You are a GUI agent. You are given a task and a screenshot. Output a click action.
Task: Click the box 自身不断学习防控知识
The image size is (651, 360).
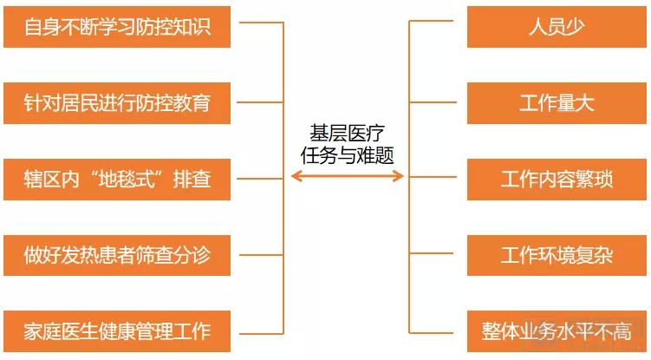(x=117, y=27)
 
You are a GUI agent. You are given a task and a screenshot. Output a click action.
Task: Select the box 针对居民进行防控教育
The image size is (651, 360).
(x=117, y=103)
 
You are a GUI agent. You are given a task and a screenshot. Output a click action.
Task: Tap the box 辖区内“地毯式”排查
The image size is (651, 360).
(x=117, y=180)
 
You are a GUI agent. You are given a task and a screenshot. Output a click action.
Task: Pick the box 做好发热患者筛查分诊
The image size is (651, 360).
(x=117, y=255)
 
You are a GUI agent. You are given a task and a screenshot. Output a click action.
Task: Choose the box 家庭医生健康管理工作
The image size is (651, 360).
(x=117, y=331)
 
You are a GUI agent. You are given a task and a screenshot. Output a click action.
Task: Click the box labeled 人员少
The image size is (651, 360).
(x=557, y=27)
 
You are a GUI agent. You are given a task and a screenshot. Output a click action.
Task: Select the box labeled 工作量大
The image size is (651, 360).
(x=557, y=103)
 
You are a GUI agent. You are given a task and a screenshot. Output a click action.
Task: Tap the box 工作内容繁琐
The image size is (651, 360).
(x=557, y=180)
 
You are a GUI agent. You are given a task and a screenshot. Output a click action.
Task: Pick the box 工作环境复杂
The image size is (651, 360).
(x=557, y=255)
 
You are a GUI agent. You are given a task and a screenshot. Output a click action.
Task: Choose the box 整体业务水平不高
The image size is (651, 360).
(x=557, y=331)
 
